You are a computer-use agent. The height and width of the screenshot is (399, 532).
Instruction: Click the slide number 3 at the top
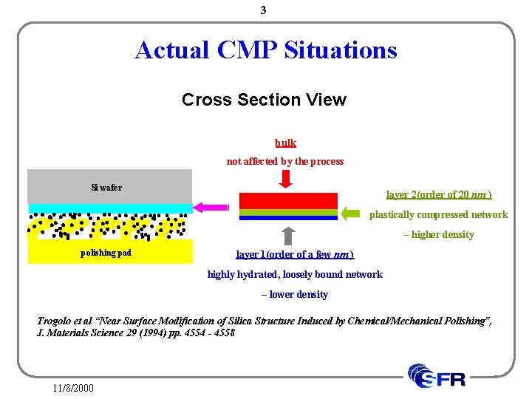point(263,10)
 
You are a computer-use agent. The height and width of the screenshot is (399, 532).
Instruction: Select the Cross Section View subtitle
point(264,100)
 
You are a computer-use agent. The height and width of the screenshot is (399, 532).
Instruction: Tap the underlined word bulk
point(285,143)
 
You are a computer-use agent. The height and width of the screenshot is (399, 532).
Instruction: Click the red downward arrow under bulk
point(286,180)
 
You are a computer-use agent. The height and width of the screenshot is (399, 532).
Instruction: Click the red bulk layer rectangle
point(288,200)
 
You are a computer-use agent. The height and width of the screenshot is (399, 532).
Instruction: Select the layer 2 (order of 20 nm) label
point(439,195)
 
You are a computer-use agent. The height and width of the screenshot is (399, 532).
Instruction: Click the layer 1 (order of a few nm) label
point(295,255)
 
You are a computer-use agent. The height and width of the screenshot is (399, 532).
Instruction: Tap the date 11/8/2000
point(73,387)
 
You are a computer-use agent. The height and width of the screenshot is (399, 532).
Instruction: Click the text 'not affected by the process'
point(284,161)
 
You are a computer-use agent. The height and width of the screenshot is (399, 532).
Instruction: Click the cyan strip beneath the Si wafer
point(109,208)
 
